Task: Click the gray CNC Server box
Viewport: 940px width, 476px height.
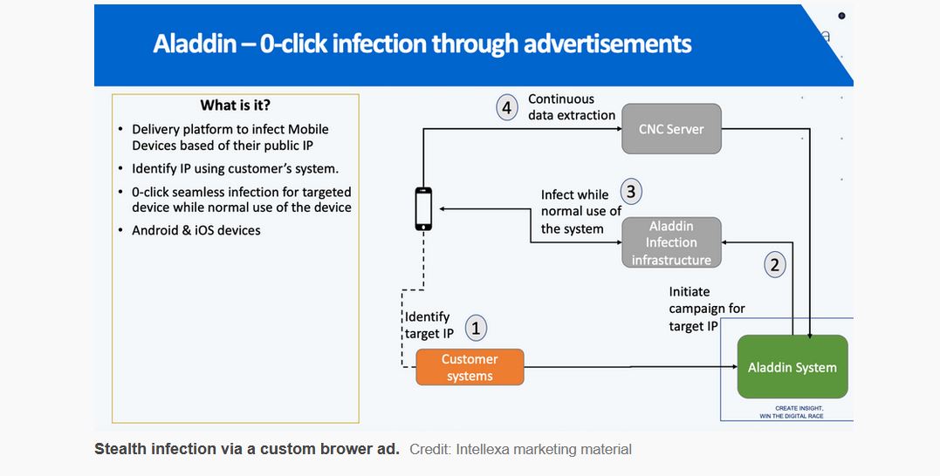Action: tap(670, 129)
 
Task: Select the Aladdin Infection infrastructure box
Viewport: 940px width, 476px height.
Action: tap(671, 242)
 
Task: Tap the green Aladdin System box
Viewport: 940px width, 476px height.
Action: tap(792, 367)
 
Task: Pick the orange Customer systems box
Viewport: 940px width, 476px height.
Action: tap(470, 367)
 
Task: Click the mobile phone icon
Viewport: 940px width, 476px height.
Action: tap(423, 209)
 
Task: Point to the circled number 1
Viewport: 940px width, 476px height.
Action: tap(476, 329)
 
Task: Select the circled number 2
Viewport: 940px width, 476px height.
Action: tap(775, 264)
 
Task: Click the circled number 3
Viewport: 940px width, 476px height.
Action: tap(632, 192)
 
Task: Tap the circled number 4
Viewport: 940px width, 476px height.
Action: tap(506, 109)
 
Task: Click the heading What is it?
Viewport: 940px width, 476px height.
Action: tap(236, 105)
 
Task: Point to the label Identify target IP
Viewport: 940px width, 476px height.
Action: tap(429, 325)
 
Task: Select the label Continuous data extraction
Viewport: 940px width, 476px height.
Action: tap(572, 107)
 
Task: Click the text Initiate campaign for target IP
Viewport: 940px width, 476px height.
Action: tap(707, 309)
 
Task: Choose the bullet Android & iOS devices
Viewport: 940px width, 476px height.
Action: tap(196, 230)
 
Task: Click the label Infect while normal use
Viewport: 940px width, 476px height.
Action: tap(580, 212)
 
